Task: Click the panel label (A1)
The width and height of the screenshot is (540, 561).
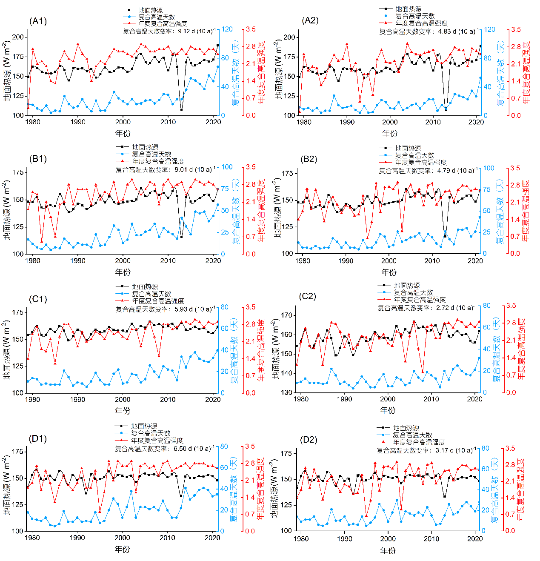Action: tap(38, 21)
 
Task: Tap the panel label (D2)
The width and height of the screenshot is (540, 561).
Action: tap(309, 440)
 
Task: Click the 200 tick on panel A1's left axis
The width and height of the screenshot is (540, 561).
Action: tap(18, 37)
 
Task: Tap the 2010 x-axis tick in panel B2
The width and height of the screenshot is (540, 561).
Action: tap(432, 260)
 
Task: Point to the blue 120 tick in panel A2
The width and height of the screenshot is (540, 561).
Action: tap(490, 29)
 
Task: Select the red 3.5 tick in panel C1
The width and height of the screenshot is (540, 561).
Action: tap(250, 307)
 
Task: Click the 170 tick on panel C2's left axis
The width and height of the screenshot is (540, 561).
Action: tap(287, 315)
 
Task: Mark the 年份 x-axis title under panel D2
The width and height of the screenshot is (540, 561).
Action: tap(388, 550)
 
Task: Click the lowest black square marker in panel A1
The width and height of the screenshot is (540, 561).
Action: tap(181, 110)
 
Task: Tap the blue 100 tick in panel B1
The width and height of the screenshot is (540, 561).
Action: tap(227, 167)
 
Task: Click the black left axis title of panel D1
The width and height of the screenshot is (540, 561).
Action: tap(7, 485)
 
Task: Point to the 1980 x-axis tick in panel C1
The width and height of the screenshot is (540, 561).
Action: tap(32, 399)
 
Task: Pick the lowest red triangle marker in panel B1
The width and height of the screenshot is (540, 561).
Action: tap(42, 241)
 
